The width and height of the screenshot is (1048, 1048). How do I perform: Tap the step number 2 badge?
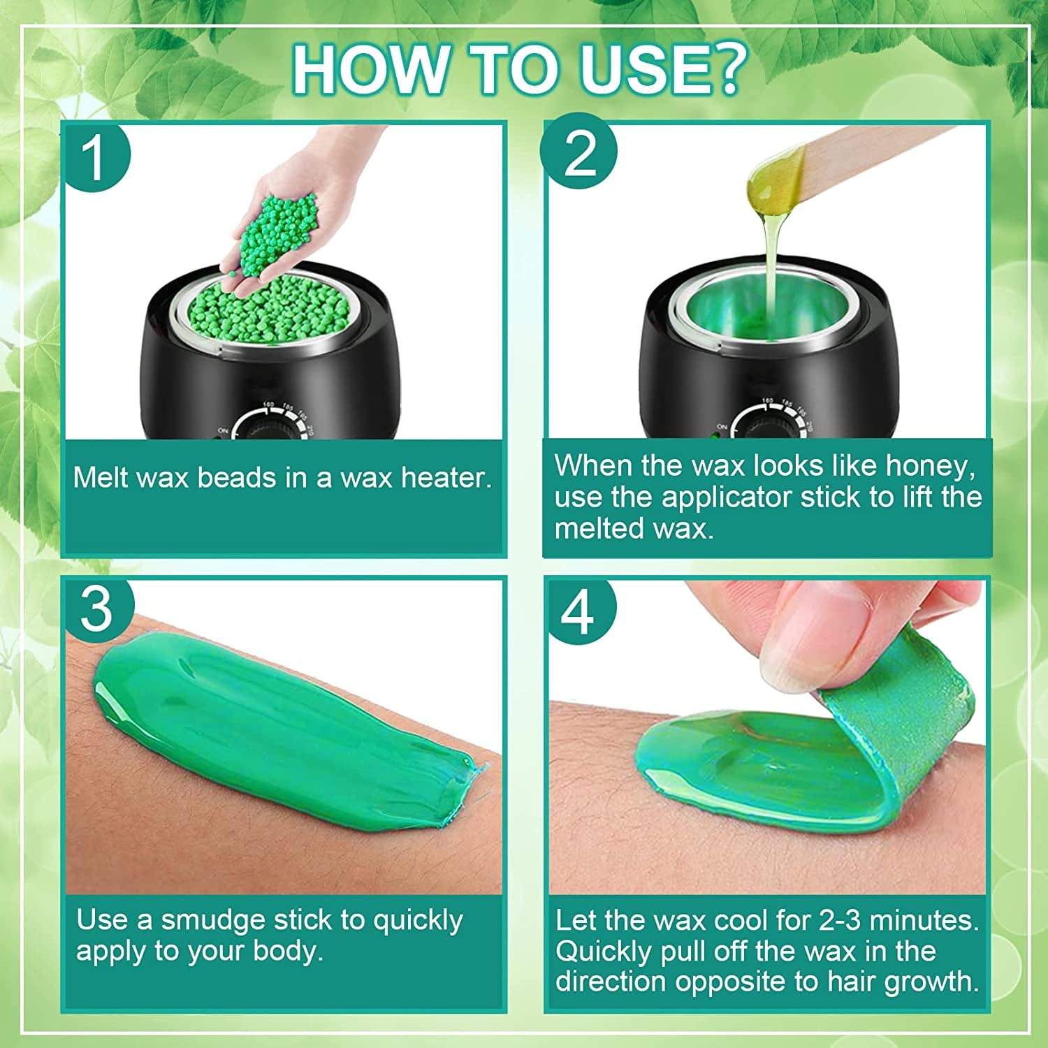coord(579,152)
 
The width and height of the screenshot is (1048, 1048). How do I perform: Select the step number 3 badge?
coord(97,609)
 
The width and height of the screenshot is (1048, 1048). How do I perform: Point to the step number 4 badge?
coord(579,611)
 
